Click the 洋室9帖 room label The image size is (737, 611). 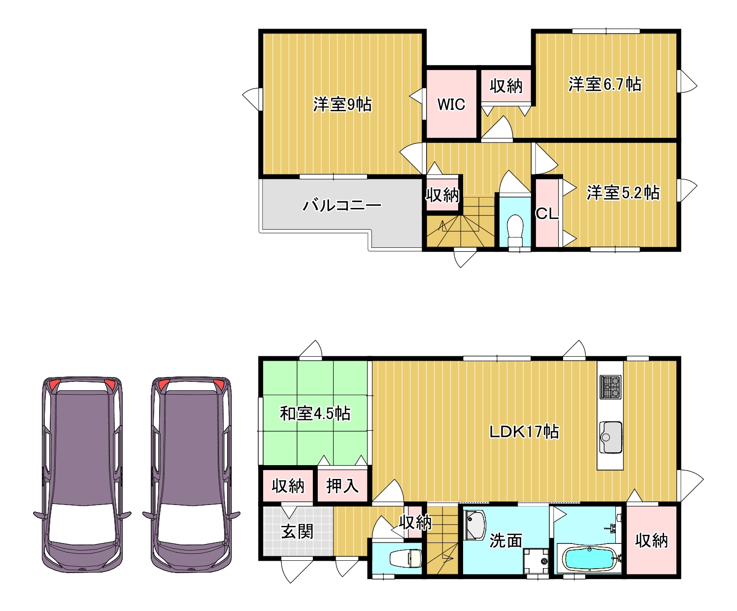(x=342, y=104)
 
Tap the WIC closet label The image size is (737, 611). (x=451, y=104)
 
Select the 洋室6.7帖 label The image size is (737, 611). (x=604, y=84)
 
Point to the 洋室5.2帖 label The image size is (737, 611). (x=623, y=193)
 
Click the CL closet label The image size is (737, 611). (x=547, y=213)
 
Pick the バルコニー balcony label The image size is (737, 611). (x=341, y=205)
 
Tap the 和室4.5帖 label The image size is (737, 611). (x=315, y=413)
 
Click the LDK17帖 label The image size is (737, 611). (x=524, y=432)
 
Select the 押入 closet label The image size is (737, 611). (x=342, y=486)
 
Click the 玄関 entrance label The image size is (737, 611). (x=297, y=532)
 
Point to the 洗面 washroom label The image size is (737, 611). (x=505, y=541)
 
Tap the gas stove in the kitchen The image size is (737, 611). (x=610, y=387)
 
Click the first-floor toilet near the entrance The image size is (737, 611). (x=405, y=558)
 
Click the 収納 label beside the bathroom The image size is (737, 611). (x=651, y=541)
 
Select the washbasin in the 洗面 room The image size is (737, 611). (x=475, y=525)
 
